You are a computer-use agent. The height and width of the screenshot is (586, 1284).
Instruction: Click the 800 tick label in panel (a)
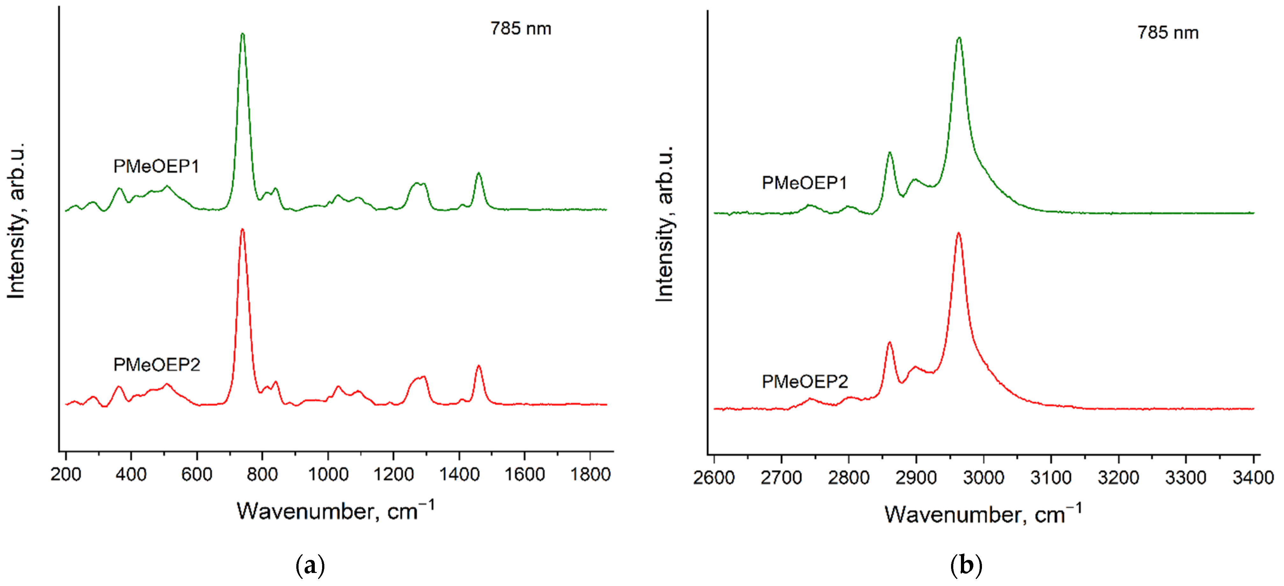click(262, 474)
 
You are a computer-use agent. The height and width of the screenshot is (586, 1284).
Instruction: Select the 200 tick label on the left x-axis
click(66, 474)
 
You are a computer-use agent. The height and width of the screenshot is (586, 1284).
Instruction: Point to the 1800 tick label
click(590, 474)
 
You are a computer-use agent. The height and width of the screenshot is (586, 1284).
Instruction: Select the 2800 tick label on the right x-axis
click(848, 478)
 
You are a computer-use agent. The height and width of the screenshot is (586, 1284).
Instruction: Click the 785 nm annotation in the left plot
click(521, 29)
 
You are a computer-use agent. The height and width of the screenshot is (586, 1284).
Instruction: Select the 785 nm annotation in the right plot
click(1168, 33)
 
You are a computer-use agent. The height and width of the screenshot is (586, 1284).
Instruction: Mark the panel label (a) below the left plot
click(310, 566)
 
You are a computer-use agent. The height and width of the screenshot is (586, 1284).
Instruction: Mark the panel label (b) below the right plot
click(966, 566)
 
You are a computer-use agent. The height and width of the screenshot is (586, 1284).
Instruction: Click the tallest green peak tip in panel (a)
click(243, 34)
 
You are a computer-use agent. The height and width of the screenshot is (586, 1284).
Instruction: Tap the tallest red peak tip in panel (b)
click(958, 233)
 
